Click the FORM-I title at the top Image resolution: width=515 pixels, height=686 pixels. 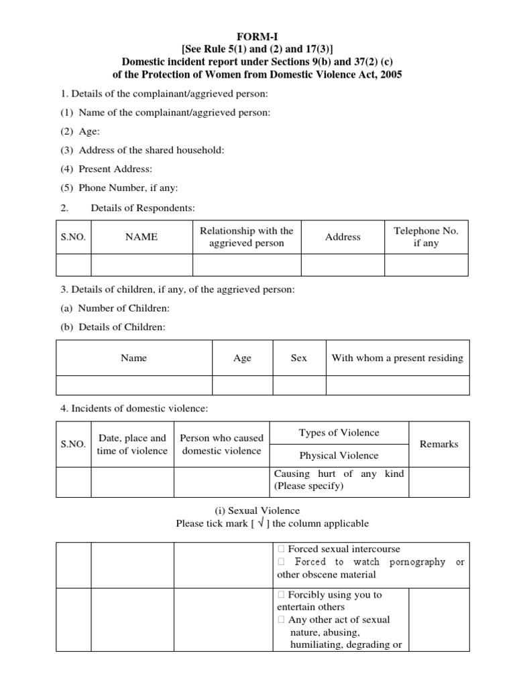click(x=257, y=36)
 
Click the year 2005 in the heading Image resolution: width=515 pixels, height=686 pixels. click(x=390, y=74)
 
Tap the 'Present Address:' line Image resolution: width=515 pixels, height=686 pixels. click(x=115, y=169)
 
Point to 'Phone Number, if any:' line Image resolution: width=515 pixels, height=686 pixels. click(x=128, y=188)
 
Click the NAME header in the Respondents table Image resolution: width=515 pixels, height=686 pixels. click(x=141, y=237)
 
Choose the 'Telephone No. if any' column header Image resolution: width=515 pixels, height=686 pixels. click(x=426, y=237)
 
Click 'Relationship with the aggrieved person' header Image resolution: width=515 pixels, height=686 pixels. click(x=247, y=237)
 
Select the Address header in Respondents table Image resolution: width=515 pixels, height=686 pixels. click(x=343, y=237)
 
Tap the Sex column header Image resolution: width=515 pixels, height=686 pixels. click(x=299, y=358)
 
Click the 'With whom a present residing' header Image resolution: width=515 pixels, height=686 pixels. click(x=397, y=358)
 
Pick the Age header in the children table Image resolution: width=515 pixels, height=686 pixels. click(x=242, y=358)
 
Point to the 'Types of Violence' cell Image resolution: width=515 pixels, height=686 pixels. click(x=339, y=433)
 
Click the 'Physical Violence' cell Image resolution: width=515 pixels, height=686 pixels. click(x=339, y=456)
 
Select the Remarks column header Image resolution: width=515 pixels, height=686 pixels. click(x=439, y=444)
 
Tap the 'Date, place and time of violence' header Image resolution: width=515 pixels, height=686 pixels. click(x=132, y=444)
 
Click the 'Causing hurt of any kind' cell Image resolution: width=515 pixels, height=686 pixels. click(x=339, y=480)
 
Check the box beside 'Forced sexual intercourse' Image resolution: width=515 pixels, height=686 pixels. click(x=281, y=549)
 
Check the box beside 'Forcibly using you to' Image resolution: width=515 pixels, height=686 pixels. click(x=281, y=595)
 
